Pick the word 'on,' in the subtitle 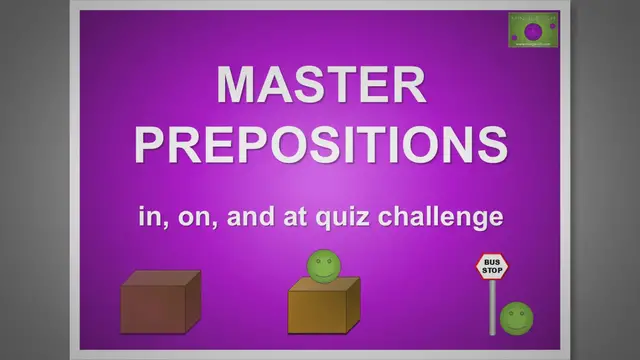197,215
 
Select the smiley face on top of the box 322,267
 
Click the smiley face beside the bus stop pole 516,318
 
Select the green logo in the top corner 533,29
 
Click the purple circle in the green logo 531,29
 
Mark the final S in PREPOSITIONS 491,145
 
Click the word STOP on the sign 492,270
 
